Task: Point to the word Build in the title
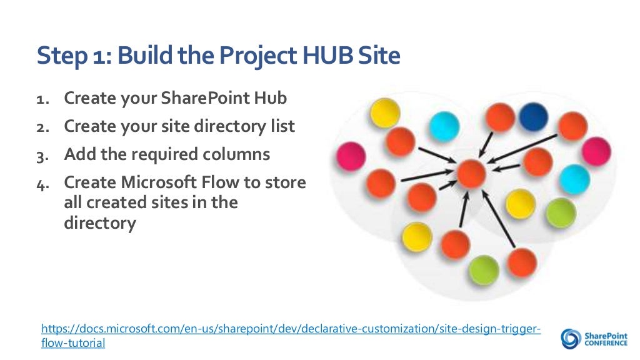[x=146, y=56]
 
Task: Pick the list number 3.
[x=41, y=155]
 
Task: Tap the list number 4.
[x=41, y=183]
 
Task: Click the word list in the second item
[x=281, y=126]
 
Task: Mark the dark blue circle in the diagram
[x=532, y=117]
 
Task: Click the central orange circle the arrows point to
[x=471, y=174]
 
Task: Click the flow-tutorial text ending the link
[x=73, y=343]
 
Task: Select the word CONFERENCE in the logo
[x=606, y=343]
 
